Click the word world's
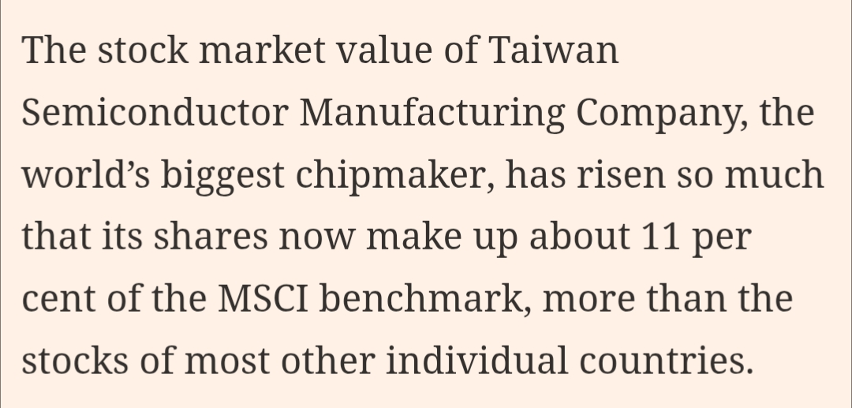[86, 175]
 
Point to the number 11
[660, 237]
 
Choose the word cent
[56, 300]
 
